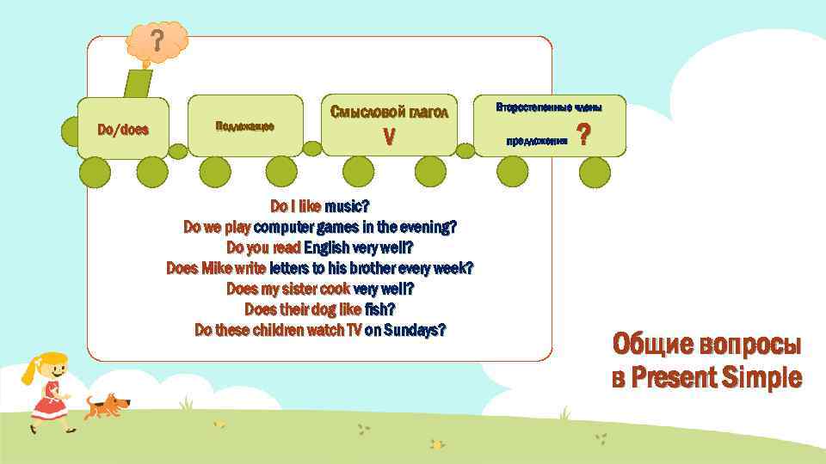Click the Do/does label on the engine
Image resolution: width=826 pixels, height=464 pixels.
(x=123, y=131)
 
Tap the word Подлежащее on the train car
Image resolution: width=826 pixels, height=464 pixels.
(x=244, y=126)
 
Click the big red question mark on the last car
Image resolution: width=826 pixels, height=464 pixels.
(x=583, y=136)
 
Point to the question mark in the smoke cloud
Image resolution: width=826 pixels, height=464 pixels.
(x=157, y=41)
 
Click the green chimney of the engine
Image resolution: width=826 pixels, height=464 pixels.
(x=138, y=82)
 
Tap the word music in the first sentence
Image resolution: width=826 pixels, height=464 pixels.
(x=342, y=206)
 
